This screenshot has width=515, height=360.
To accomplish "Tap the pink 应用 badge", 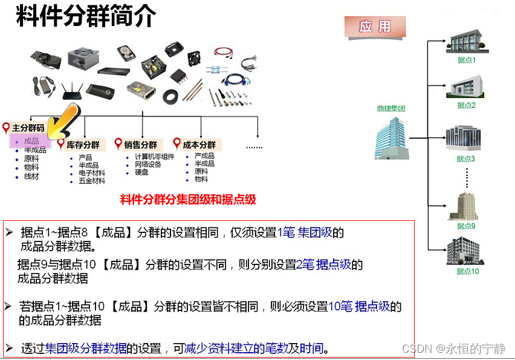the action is (x=375, y=27).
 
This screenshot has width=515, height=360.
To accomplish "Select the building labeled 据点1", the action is (x=466, y=41).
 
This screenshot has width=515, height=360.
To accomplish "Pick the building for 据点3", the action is (x=465, y=139).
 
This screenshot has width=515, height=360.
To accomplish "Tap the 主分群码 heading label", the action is (x=28, y=128).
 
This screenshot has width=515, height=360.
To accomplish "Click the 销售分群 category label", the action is (x=140, y=145).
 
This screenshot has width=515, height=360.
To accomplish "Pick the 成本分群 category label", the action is (x=199, y=145).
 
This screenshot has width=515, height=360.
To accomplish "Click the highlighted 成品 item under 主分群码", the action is (x=31, y=141).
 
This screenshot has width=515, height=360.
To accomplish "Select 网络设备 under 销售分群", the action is (x=148, y=165).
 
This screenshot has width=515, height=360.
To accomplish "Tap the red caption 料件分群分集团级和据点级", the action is (x=188, y=200).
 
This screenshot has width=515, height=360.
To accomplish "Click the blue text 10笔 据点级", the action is (x=359, y=306).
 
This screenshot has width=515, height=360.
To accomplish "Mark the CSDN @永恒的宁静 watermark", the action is (x=453, y=349).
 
